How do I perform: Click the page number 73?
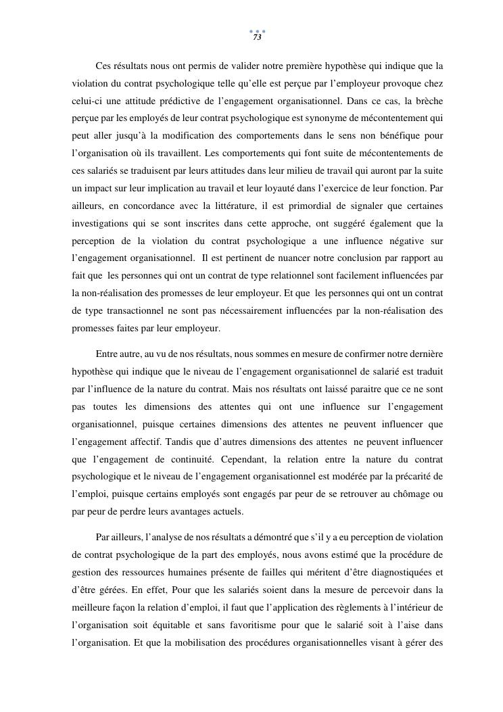[x=257, y=38]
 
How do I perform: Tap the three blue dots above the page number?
[x=257, y=31]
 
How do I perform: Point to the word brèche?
[x=426, y=101]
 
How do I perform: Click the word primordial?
[x=317, y=206]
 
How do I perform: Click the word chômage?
[x=412, y=494]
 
